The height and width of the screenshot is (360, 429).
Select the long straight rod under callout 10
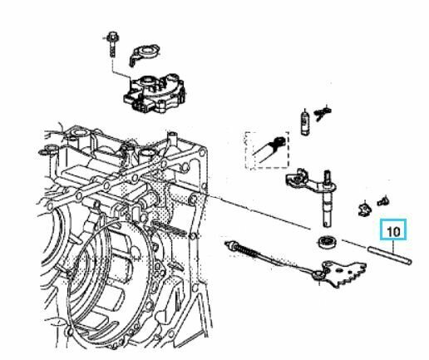pyautogui.click(x=389, y=255)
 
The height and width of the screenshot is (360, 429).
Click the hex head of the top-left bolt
pyautogui.click(x=112, y=36)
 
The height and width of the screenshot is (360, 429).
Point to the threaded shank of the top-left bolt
pyautogui.click(x=112, y=49)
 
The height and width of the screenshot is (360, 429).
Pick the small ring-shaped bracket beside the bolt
pyautogui.click(x=144, y=53)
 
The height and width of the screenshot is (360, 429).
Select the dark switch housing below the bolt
pyautogui.click(x=155, y=93)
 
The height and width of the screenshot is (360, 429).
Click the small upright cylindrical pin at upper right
pyautogui.click(x=305, y=122)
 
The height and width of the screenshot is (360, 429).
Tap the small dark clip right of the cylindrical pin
pyautogui.click(x=323, y=112)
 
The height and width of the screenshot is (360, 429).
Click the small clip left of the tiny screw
pyautogui.click(x=365, y=209)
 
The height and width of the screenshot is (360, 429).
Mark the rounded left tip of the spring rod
pyautogui.click(x=227, y=243)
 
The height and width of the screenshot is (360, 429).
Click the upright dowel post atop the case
pyautogui.click(x=172, y=139)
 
